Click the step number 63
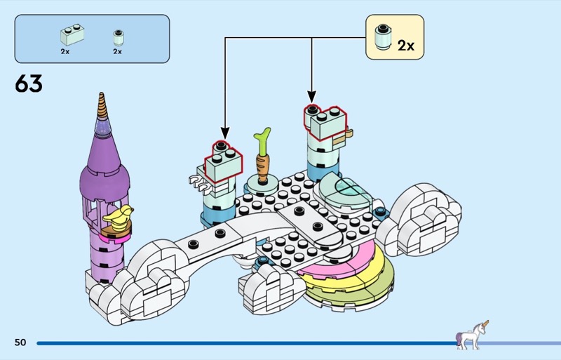point(29,84)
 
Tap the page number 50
point(20,342)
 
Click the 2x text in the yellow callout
point(406,46)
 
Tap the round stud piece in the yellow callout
point(382,37)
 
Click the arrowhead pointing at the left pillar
point(224,133)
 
